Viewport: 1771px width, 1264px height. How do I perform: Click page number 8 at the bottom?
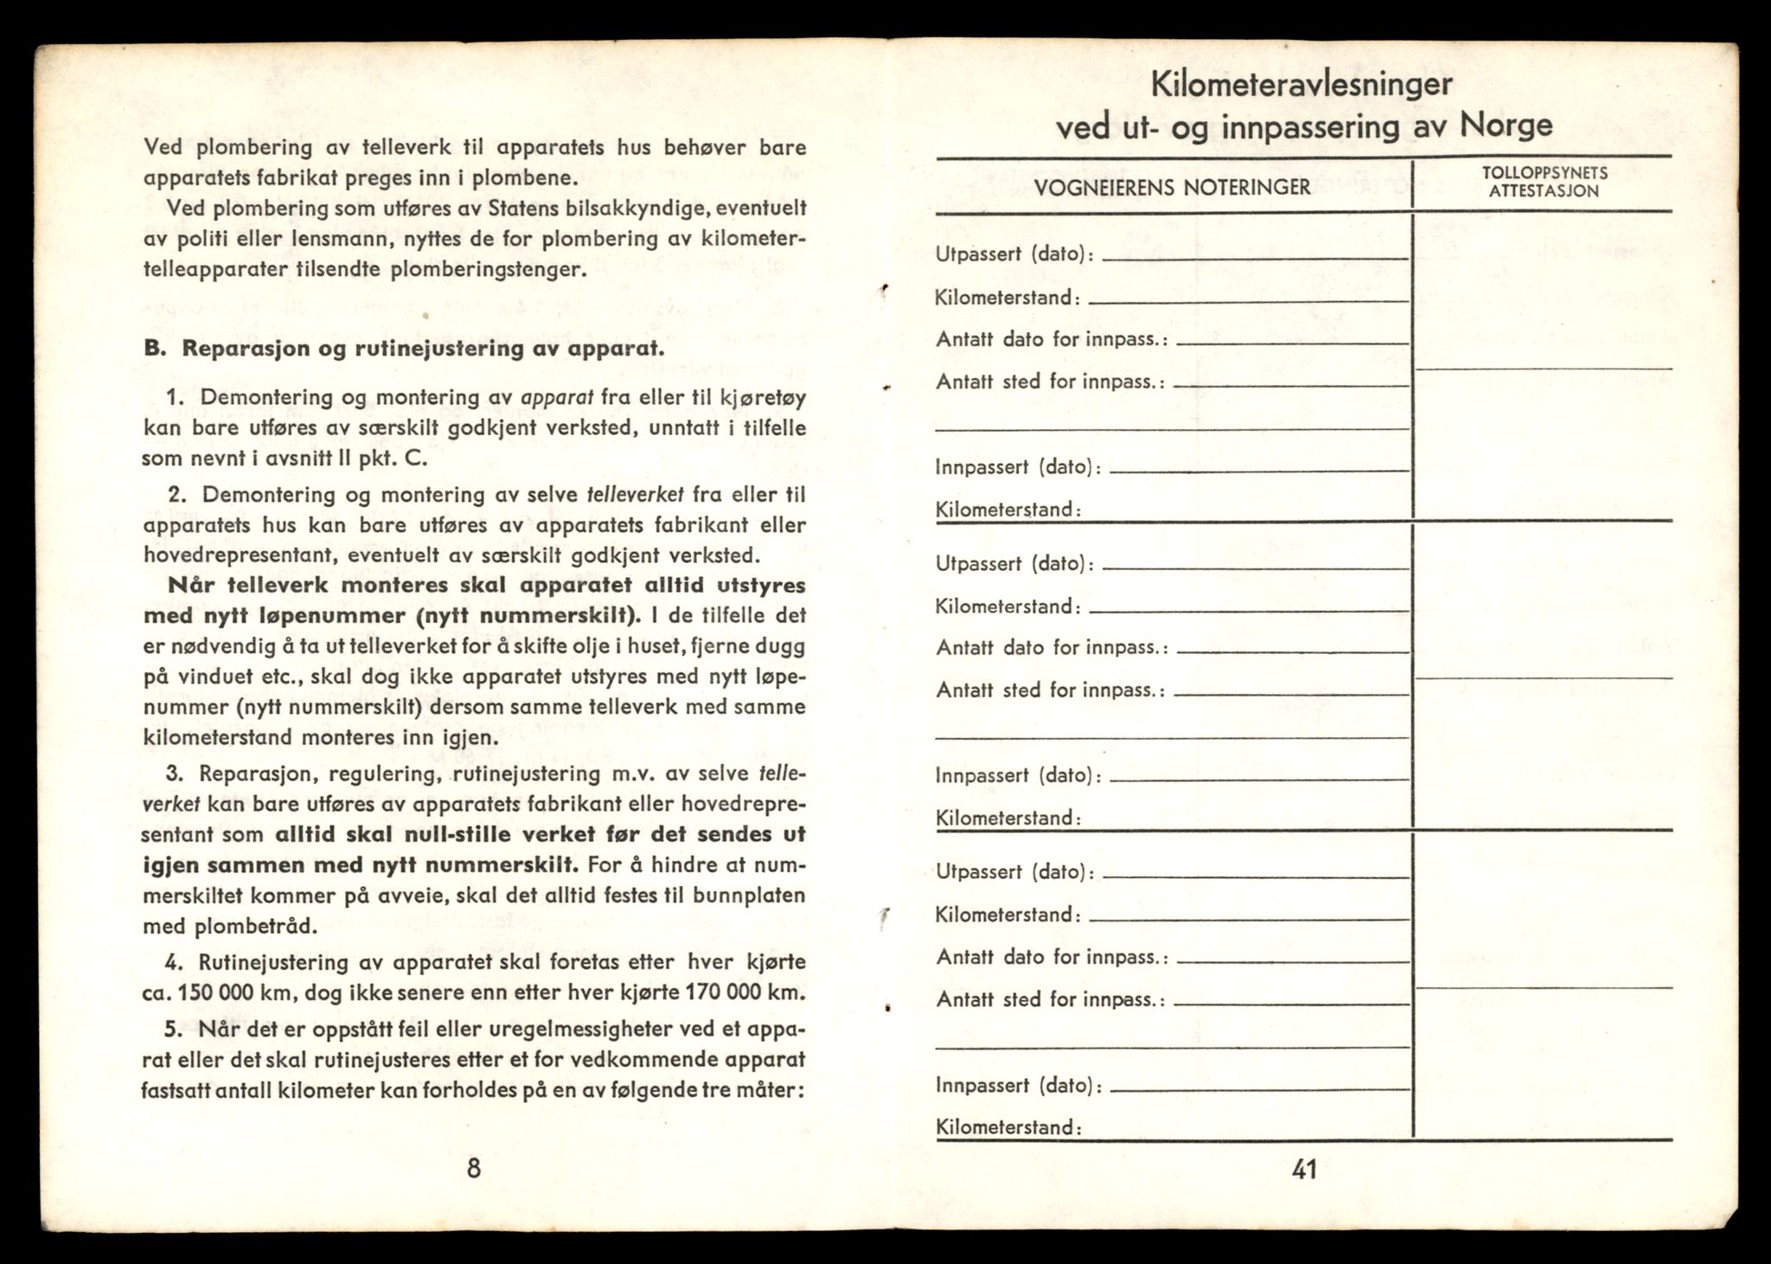(x=473, y=1169)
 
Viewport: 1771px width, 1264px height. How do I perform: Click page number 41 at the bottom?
(x=1304, y=1170)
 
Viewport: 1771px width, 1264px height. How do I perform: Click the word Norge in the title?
(x=1506, y=125)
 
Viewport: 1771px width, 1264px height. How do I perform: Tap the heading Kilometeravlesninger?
(x=1302, y=85)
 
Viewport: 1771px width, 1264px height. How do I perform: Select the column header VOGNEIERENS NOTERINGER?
(x=1173, y=187)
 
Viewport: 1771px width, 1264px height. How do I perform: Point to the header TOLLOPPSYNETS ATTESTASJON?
(x=1544, y=182)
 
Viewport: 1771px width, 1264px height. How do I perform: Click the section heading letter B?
(x=154, y=349)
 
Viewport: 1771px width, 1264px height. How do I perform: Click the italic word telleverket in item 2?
(x=636, y=495)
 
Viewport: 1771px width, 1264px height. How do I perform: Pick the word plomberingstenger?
(x=488, y=269)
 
